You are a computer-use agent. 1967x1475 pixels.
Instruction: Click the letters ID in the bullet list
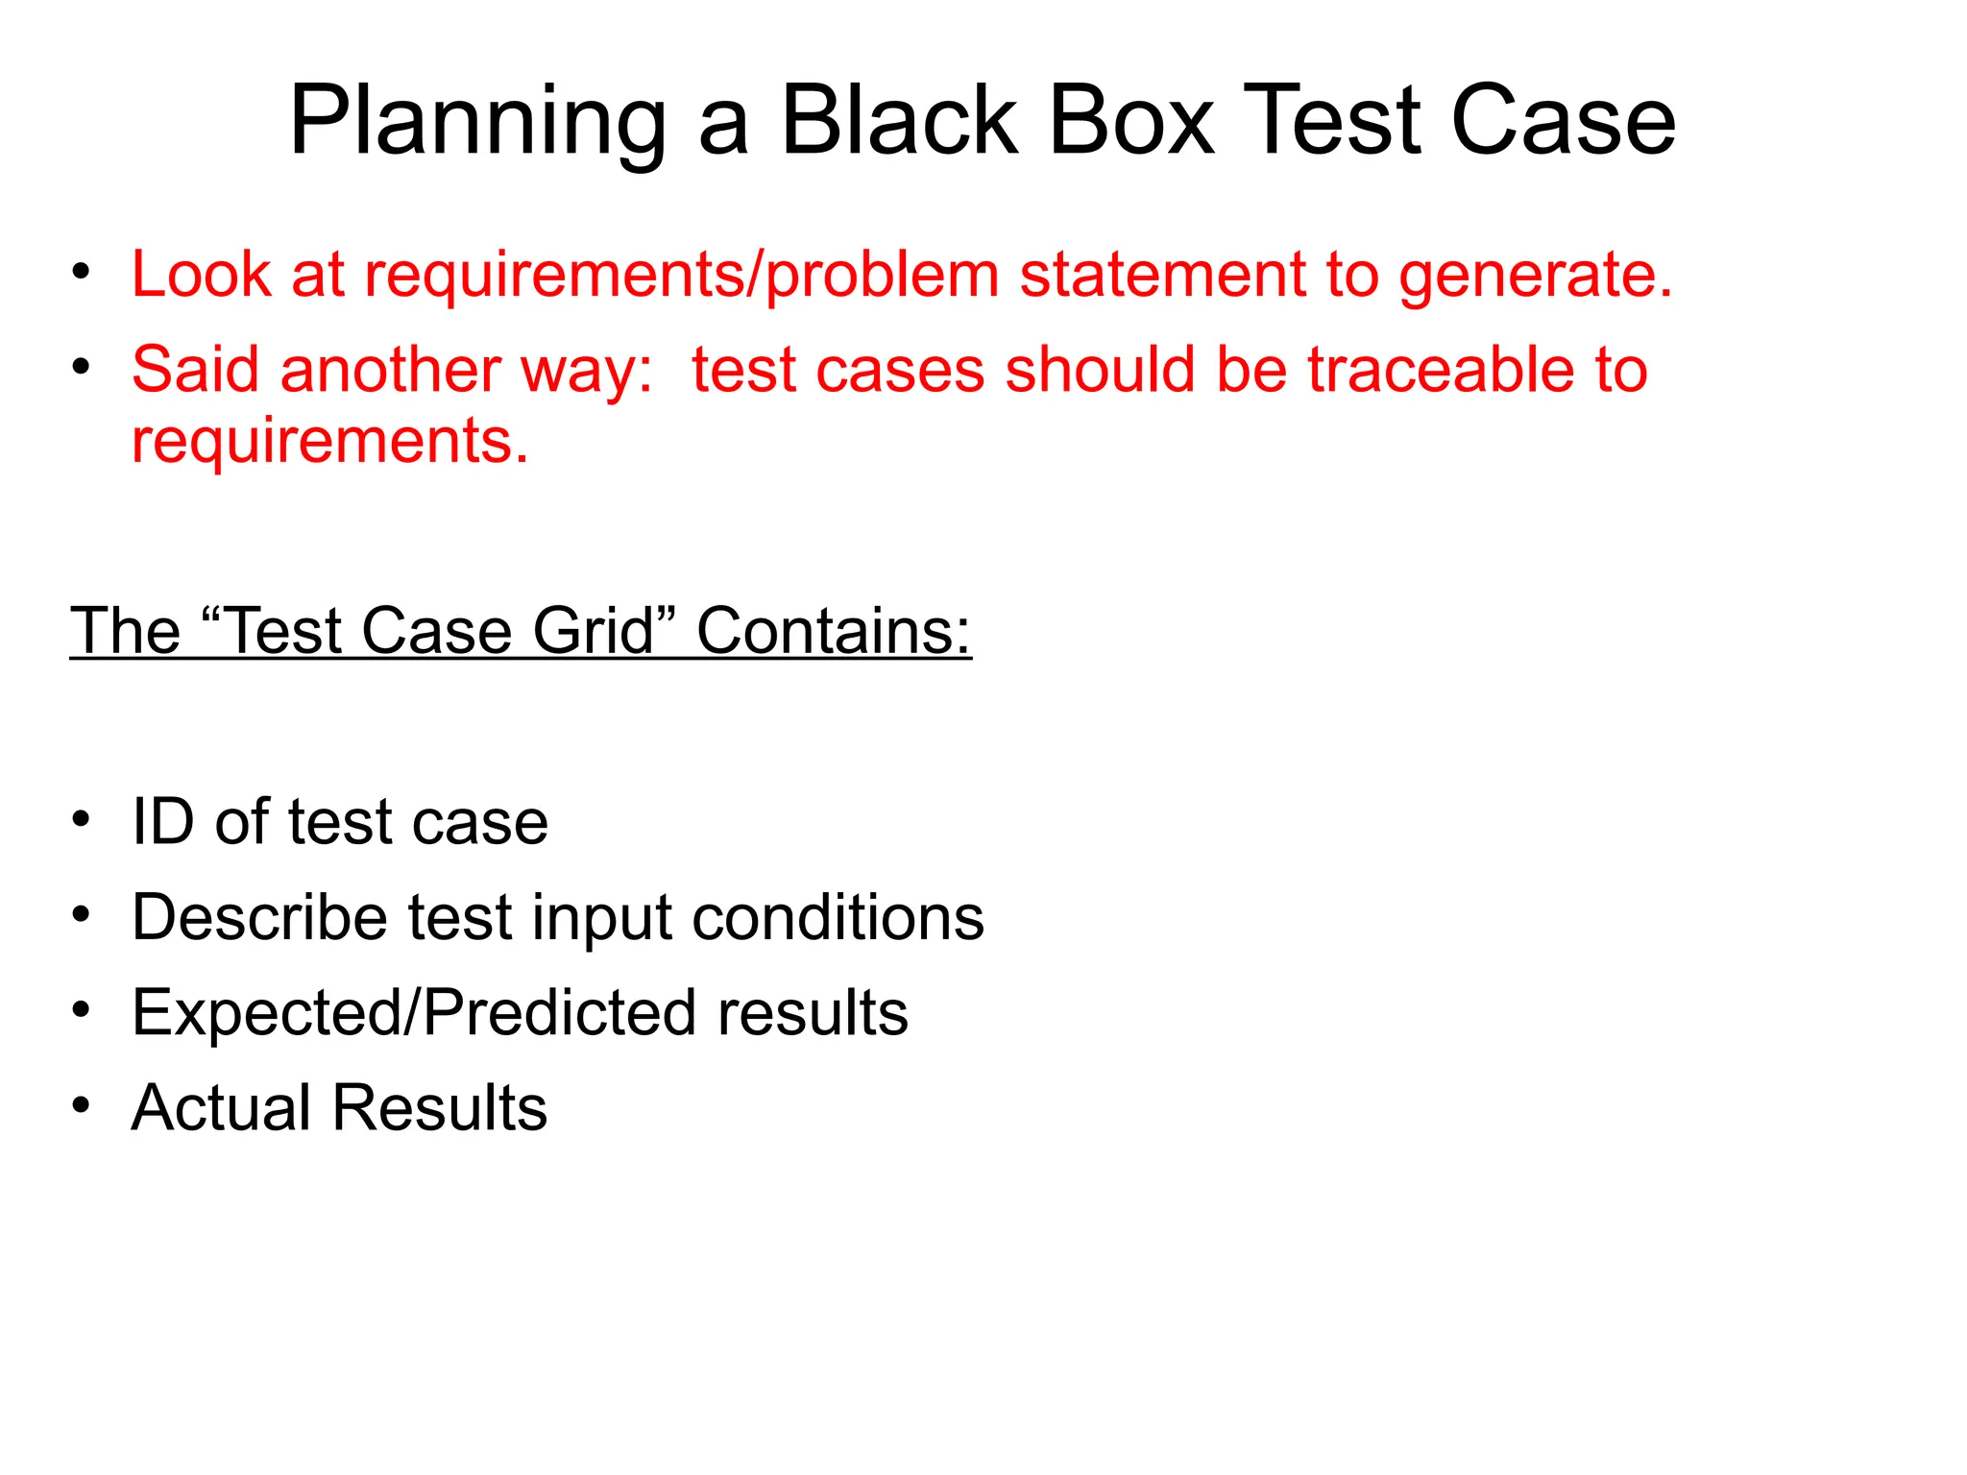(x=163, y=822)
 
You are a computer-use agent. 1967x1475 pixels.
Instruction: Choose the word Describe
(x=259, y=917)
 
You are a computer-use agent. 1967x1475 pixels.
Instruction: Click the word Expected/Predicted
(x=414, y=1013)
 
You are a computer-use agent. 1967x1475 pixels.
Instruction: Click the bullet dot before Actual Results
(x=82, y=1105)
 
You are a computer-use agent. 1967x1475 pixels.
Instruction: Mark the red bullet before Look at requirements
(x=82, y=272)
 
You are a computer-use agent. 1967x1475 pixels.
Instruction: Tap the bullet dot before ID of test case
(x=82, y=819)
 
